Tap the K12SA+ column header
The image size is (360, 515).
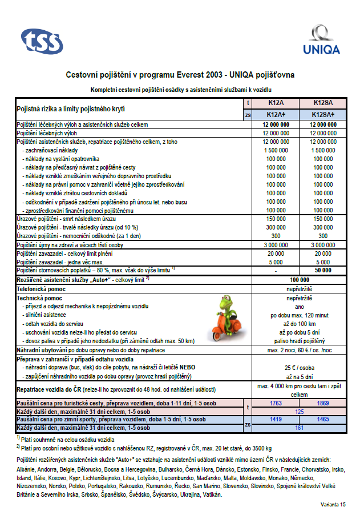[322, 114]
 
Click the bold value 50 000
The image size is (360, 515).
[322, 269]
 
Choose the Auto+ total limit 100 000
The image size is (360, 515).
[298, 280]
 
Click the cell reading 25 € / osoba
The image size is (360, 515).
[298, 368]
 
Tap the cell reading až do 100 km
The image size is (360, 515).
[298, 323]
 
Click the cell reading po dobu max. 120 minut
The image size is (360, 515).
[298, 315]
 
